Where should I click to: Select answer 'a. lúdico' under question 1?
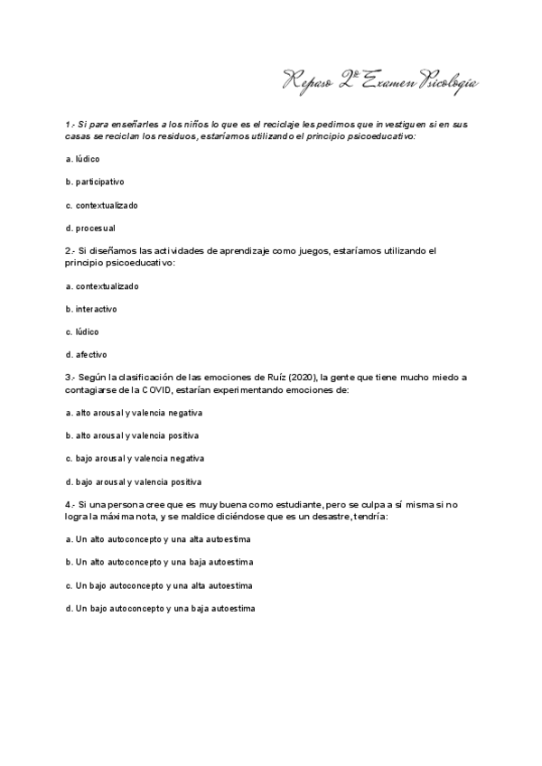(82, 159)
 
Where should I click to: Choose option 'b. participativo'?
(95, 182)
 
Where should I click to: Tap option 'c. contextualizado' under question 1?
(102, 205)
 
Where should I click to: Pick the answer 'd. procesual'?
(90, 228)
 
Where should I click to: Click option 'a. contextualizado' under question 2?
(102, 286)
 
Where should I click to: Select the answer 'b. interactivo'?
(91, 309)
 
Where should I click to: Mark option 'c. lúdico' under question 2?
(82, 332)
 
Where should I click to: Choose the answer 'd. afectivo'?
(86, 355)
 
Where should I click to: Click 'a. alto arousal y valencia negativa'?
(134, 413)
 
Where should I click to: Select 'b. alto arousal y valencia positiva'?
(133, 435)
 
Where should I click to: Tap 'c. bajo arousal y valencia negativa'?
(135, 459)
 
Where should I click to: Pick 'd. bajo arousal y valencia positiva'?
(134, 481)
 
